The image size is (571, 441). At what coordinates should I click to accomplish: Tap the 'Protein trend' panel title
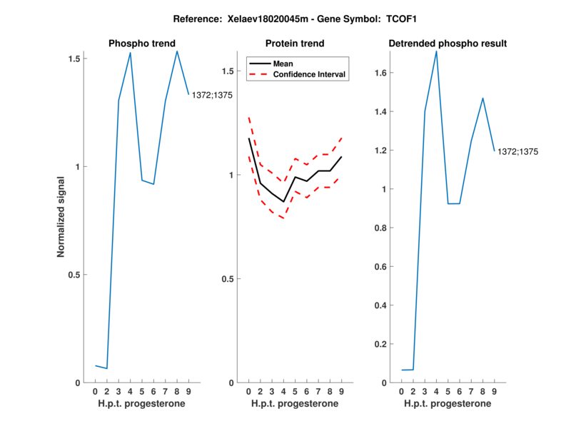click(295, 44)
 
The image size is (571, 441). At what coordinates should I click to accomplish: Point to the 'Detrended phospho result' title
click(448, 44)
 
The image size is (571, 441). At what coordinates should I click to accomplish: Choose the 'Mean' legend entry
click(283, 63)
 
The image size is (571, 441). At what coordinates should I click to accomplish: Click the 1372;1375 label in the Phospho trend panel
click(212, 95)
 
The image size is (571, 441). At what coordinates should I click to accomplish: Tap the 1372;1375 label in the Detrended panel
click(517, 151)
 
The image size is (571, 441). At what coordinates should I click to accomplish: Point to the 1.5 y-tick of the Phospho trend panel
click(73, 58)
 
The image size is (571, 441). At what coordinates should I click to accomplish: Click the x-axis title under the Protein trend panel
click(295, 404)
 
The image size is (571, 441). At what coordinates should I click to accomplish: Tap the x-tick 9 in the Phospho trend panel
click(188, 392)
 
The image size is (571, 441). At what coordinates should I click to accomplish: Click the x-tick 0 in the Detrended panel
click(402, 392)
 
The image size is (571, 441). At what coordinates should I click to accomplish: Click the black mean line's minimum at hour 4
click(283, 202)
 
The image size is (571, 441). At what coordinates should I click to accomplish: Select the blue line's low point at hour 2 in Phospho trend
click(107, 368)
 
